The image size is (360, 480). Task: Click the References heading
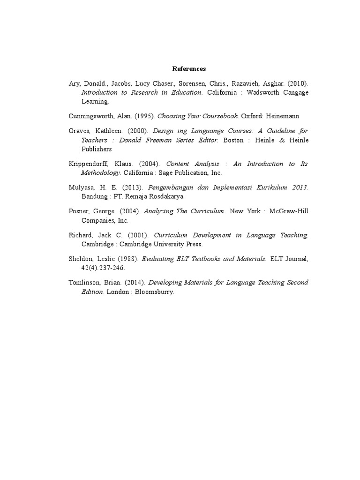(x=189, y=69)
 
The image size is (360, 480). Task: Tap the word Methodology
(x=100, y=172)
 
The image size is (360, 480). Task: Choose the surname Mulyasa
(x=81, y=187)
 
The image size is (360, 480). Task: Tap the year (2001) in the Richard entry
(x=140, y=235)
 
